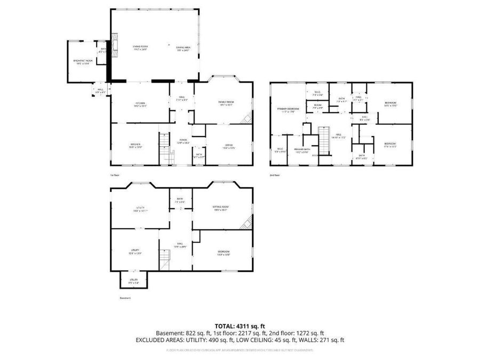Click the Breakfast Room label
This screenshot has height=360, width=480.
coord(83,62)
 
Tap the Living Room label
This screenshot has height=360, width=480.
coord(140,48)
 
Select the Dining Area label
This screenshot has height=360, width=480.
coord(183,48)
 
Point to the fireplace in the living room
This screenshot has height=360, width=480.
coord(114,46)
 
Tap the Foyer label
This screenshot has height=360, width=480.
coord(183,142)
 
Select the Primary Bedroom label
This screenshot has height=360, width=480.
coord(288,110)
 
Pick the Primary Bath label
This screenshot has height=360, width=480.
coord(302,150)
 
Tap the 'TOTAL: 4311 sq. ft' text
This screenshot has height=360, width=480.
coord(239,325)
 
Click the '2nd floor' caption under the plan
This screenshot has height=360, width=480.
coord(275,175)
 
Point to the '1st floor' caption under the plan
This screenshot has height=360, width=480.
coord(115,175)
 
